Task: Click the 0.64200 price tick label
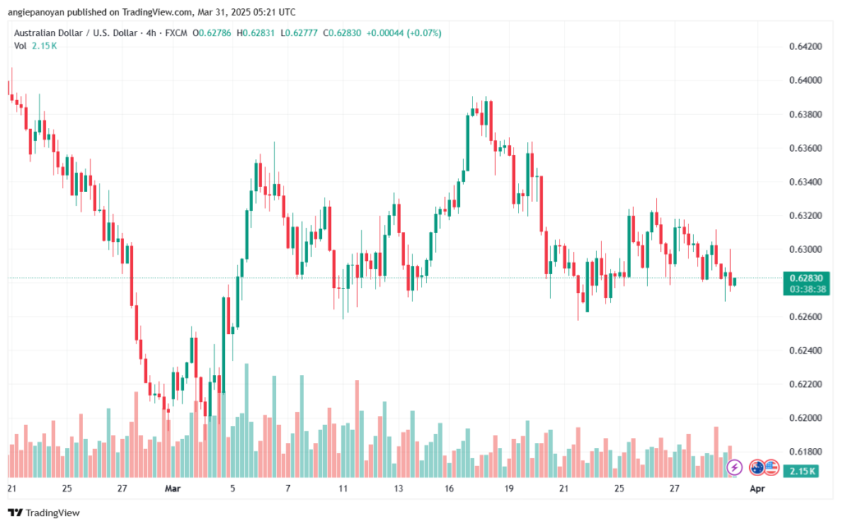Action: (x=806, y=46)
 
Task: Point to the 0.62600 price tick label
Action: (x=806, y=317)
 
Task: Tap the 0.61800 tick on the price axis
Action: (x=806, y=452)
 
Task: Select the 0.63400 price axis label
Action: (x=806, y=181)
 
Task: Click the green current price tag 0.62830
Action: (x=805, y=277)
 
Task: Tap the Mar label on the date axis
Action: (x=173, y=488)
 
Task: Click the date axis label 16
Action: (x=451, y=488)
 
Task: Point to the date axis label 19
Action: (x=510, y=488)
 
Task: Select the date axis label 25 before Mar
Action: (x=67, y=488)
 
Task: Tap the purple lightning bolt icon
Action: (x=735, y=467)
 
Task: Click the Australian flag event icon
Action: (x=757, y=467)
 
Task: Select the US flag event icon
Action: (x=770, y=467)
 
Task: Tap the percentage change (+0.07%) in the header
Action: (x=425, y=33)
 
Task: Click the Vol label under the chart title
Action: (x=20, y=46)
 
